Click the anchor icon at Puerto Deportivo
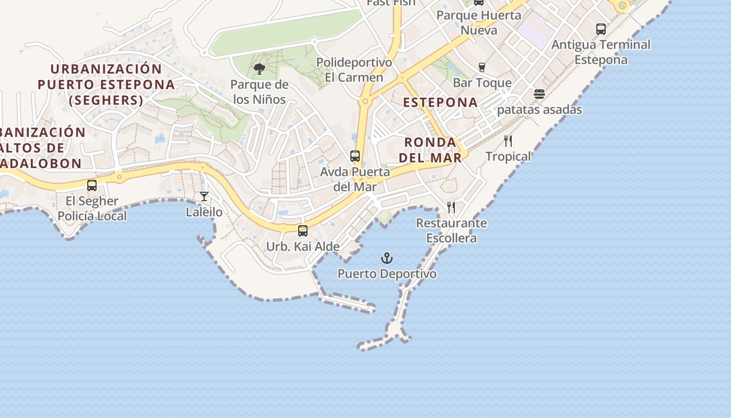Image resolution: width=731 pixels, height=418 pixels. click(386, 258)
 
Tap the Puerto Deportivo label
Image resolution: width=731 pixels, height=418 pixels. click(386, 274)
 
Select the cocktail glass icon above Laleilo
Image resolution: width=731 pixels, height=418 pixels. click(204, 196)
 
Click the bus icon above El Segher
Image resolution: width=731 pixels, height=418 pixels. click(92, 185)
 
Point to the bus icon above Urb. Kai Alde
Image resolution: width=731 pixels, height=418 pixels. click(303, 230)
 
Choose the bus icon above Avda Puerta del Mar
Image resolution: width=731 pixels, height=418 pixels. click(355, 156)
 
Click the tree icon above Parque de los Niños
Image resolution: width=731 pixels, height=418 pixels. click(259, 69)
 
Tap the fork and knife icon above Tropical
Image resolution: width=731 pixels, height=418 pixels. click(508, 141)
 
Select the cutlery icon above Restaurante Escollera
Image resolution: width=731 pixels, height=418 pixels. click(451, 207)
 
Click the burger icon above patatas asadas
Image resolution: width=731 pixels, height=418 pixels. click(539, 94)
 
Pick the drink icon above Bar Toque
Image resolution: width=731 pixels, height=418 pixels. click(482, 67)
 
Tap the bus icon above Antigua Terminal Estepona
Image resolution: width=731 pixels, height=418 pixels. click(601, 29)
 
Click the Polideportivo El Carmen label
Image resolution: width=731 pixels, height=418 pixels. click(354, 70)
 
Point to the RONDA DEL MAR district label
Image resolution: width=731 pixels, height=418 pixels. click(430, 149)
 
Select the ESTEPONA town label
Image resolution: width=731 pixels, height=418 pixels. click(441, 102)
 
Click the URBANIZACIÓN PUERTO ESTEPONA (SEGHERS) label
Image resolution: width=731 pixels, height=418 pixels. click(106, 84)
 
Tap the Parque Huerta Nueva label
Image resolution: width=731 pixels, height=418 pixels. click(479, 22)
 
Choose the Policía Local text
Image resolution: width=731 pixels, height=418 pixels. click(92, 216)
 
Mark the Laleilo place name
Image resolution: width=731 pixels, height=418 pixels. click(204, 212)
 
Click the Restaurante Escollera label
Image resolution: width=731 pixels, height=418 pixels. click(451, 230)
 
